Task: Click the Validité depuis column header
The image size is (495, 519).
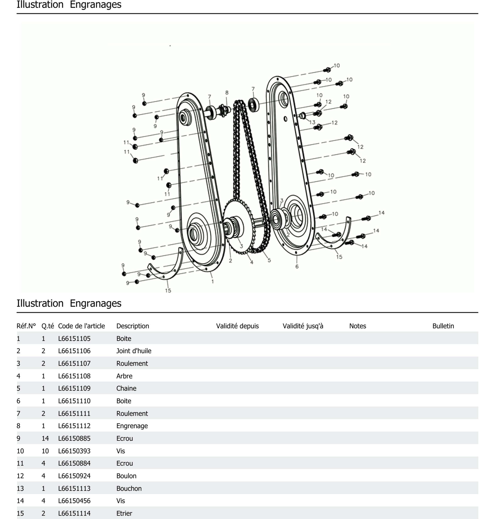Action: point(237,326)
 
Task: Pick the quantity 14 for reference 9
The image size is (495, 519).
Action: point(45,438)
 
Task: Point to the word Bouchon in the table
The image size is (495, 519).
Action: point(129,488)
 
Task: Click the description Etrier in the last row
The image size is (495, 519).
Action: point(124,513)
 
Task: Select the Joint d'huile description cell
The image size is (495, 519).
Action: point(134,351)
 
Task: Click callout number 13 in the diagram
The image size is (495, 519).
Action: point(312,122)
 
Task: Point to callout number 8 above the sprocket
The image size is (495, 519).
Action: point(227,93)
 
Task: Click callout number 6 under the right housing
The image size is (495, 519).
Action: point(297,267)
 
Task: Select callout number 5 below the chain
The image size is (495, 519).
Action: point(269,260)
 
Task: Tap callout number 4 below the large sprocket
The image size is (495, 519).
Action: point(252,262)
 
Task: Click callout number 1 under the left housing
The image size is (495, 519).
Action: point(212,282)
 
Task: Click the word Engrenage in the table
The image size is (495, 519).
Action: point(132,426)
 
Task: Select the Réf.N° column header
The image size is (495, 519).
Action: point(26,326)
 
